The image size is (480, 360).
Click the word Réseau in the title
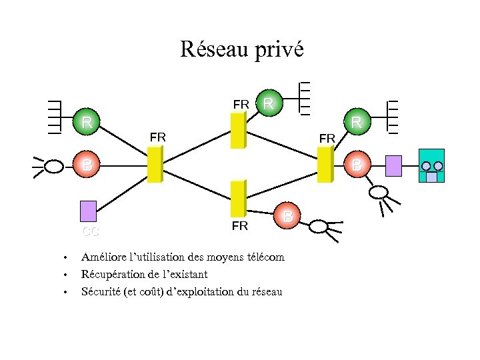pyautogui.click(x=215, y=49)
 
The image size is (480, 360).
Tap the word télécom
pyautogui.click(x=265, y=257)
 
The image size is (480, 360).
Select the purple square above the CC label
pyautogui.click(x=88, y=211)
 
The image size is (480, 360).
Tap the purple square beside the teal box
pyautogui.click(x=394, y=165)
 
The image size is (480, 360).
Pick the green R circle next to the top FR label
pyautogui.click(x=269, y=103)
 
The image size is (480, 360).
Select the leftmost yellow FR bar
pyautogui.click(x=154, y=163)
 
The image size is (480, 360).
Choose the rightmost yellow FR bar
pyautogui.click(x=325, y=164)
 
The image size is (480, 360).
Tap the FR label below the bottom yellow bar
pyautogui.click(x=240, y=226)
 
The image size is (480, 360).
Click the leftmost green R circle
pyautogui.click(x=87, y=123)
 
